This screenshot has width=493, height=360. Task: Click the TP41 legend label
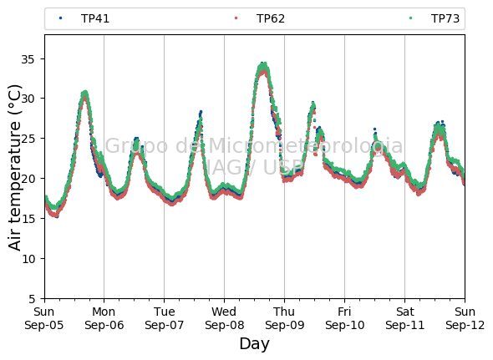click(95, 18)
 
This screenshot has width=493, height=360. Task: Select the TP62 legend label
click(271, 18)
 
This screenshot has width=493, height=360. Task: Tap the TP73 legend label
click(445, 18)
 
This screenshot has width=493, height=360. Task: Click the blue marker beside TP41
click(61, 18)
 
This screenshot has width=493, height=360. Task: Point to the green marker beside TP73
click(410, 18)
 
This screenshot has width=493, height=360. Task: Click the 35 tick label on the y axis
click(28, 59)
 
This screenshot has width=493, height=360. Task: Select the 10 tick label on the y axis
click(28, 259)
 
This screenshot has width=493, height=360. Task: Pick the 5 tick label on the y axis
click(32, 299)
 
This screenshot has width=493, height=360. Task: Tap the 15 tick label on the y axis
click(28, 219)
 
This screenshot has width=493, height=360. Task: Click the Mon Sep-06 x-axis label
click(104, 318)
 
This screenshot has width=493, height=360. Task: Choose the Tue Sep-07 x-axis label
click(164, 318)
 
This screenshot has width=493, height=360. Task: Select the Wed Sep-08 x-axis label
click(224, 318)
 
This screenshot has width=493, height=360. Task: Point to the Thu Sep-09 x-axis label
click(285, 318)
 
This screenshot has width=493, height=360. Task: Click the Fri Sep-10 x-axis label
click(344, 318)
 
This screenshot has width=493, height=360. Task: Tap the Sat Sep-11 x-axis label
click(405, 318)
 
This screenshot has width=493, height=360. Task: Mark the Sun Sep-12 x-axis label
click(465, 318)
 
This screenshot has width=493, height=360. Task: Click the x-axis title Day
click(254, 344)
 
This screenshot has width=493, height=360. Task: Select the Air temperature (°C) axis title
click(14, 167)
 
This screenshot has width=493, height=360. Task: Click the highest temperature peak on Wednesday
click(263, 64)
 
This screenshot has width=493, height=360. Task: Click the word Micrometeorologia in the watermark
click(305, 145)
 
